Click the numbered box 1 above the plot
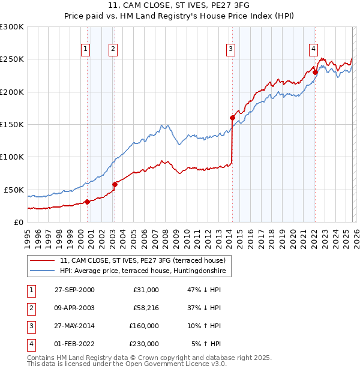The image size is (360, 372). [86, 50]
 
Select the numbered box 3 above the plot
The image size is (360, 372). [230, 50]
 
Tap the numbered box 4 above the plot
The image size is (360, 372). [313, 50]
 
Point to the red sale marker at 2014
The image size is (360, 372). [232, 118]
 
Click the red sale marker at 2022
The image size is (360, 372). [315, 73]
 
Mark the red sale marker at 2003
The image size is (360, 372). [115, 184]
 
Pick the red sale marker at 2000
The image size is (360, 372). [88, 202]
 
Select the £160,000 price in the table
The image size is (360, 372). [143, 326]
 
